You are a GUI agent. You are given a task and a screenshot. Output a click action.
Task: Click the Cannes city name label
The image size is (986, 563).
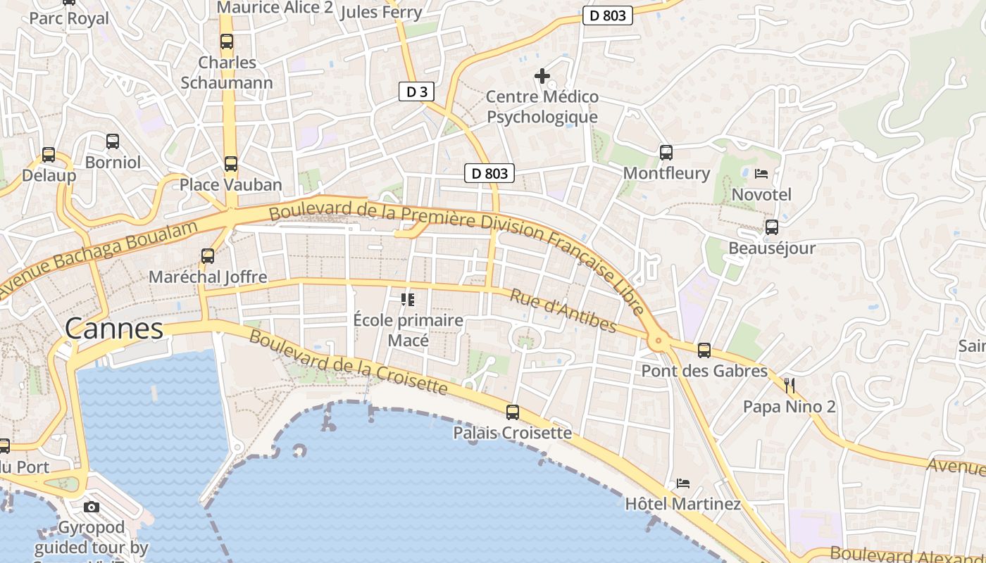tap(114, 329)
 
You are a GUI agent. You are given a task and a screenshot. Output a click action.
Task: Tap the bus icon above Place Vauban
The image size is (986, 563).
tap(230, 164)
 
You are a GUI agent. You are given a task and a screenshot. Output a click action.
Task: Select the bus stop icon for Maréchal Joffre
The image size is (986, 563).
tap(207, 256)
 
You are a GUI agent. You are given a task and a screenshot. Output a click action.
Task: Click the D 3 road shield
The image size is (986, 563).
tap(416, 91)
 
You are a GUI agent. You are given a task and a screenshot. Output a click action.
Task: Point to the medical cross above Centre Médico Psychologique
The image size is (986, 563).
tap(542, 75)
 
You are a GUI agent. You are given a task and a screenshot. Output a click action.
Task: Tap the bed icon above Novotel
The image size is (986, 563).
tap(761, 174)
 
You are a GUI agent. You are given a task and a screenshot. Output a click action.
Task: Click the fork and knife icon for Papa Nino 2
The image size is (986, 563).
tap(790, 385)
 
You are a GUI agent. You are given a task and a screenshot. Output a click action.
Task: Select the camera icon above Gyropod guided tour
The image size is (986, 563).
tap(91, 507)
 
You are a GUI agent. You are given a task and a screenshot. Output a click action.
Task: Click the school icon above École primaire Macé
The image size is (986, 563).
tap(408, 300)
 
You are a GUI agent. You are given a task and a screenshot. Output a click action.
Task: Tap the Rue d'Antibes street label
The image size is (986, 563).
tap(563, 310)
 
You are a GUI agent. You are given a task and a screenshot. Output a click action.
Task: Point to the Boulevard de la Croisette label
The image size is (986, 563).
tap(349, 362)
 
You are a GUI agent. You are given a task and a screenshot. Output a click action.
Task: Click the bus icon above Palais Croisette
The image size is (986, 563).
tap(513, 412)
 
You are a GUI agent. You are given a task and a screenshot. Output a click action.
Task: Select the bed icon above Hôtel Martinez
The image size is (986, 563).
tap(682, 483)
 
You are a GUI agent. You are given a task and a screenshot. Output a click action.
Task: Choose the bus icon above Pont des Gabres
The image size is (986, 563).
tap(704, 350)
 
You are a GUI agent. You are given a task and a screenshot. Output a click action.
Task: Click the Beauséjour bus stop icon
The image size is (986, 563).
tap(772, 227)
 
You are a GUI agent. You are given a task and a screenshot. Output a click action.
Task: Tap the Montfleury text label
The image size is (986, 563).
tap(666, 173)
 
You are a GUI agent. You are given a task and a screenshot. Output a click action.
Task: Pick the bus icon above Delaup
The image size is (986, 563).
tap(49, 155)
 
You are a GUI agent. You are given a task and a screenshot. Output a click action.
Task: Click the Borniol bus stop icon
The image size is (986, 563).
tap(113, 141)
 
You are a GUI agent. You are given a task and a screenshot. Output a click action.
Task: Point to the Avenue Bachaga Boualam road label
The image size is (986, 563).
tap(99, 257)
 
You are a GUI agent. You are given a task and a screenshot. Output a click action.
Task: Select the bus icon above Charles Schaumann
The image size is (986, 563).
tap(226, 42)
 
